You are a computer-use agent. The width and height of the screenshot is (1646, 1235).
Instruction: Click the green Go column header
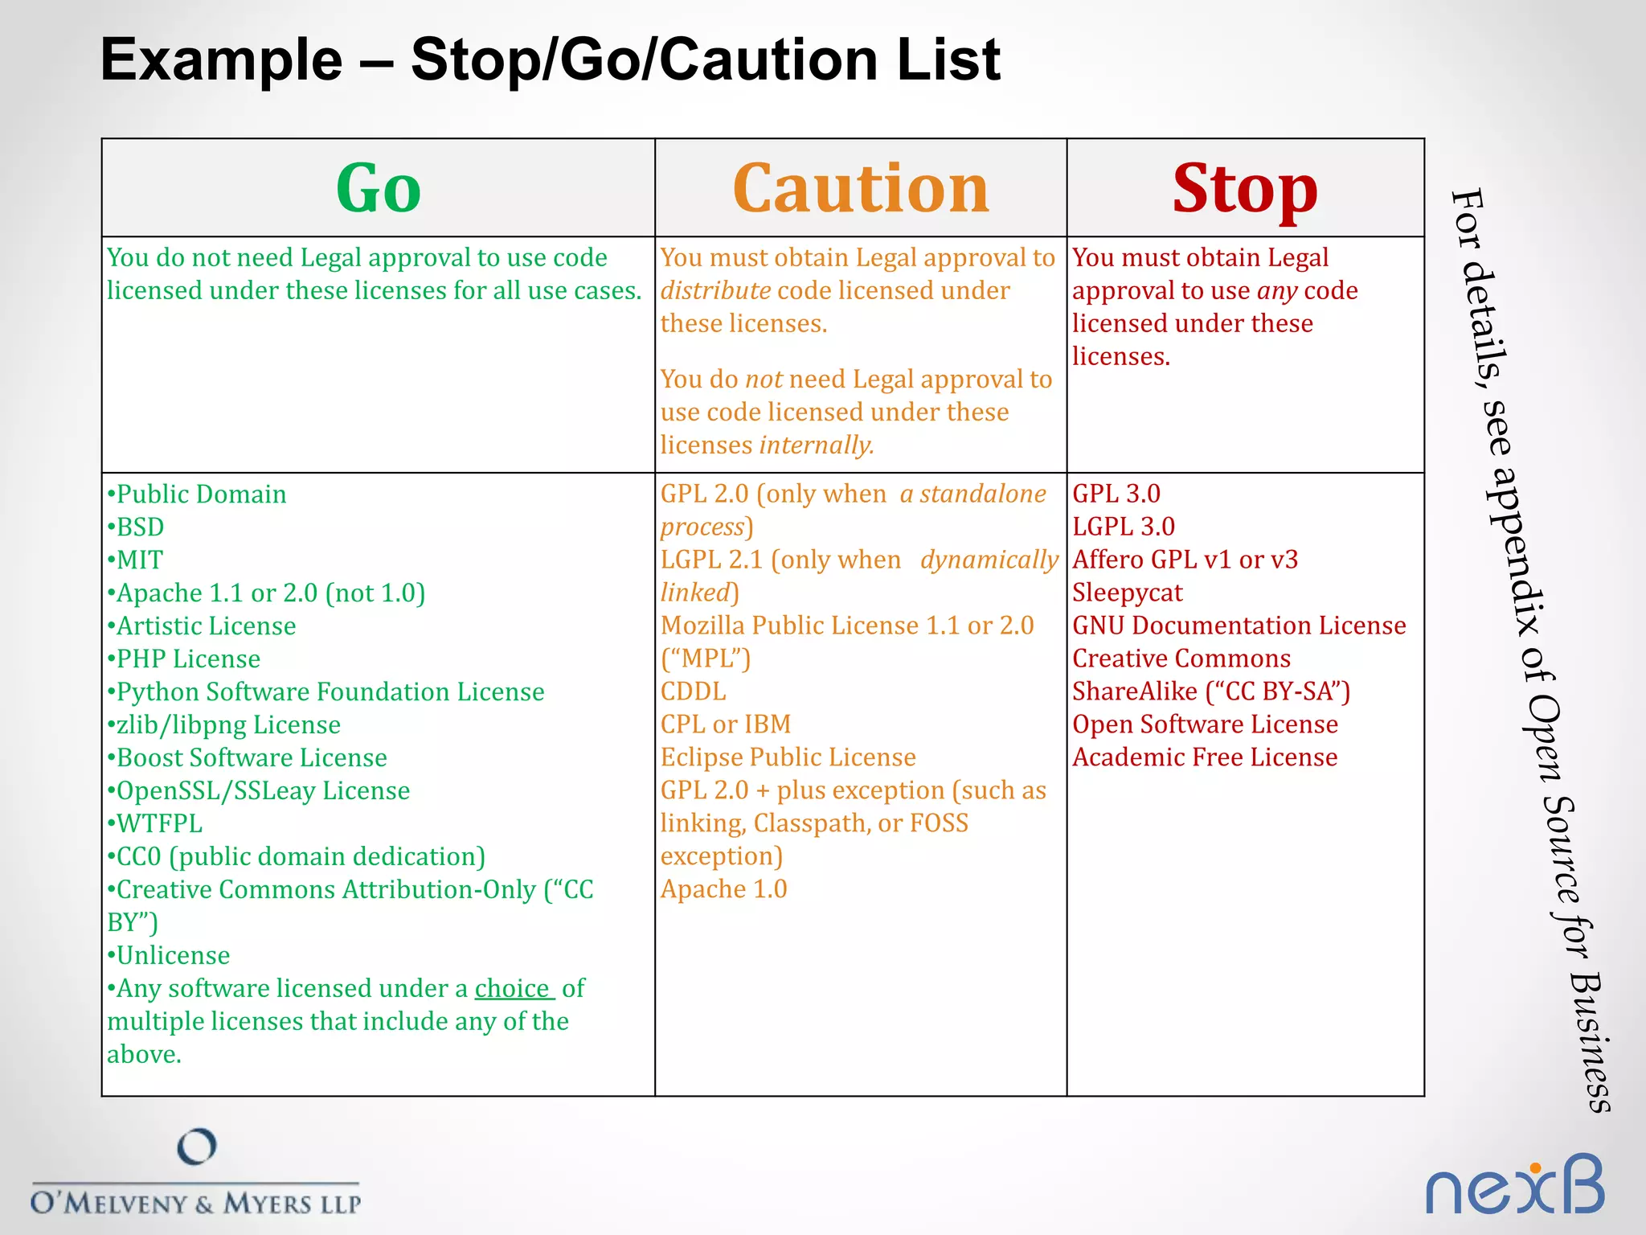[378, 189]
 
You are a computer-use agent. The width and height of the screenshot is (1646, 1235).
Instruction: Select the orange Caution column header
[860, 189]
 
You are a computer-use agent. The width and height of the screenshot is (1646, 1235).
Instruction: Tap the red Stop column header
[1244, 189]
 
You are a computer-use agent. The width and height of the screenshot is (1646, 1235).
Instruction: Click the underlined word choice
[512, 988]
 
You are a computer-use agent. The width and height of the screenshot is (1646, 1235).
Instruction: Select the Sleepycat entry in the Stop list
[1127, 593]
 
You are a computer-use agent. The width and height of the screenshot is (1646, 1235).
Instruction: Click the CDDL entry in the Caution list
[693, 691]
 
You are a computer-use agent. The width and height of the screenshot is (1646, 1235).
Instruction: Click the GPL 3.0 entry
[1116, 494]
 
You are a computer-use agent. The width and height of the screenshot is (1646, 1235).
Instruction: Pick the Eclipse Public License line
[788, 757]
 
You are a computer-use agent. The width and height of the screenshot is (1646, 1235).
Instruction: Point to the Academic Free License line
[1204, 757]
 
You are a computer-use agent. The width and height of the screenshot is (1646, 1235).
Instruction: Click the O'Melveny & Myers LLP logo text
[195, 1203]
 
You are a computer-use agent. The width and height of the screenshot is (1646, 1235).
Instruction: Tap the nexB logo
[1514, 1186]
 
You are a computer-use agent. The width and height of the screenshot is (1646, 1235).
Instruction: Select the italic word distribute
[715, 290]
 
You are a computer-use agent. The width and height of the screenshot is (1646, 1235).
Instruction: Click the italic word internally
[816, 445]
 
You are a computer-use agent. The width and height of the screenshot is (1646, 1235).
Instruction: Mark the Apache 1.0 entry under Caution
[723, 889]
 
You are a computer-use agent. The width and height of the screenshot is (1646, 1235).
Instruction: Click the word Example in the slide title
[222, 59]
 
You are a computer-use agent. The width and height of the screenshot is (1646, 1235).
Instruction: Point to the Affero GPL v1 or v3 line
[1185, 560]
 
